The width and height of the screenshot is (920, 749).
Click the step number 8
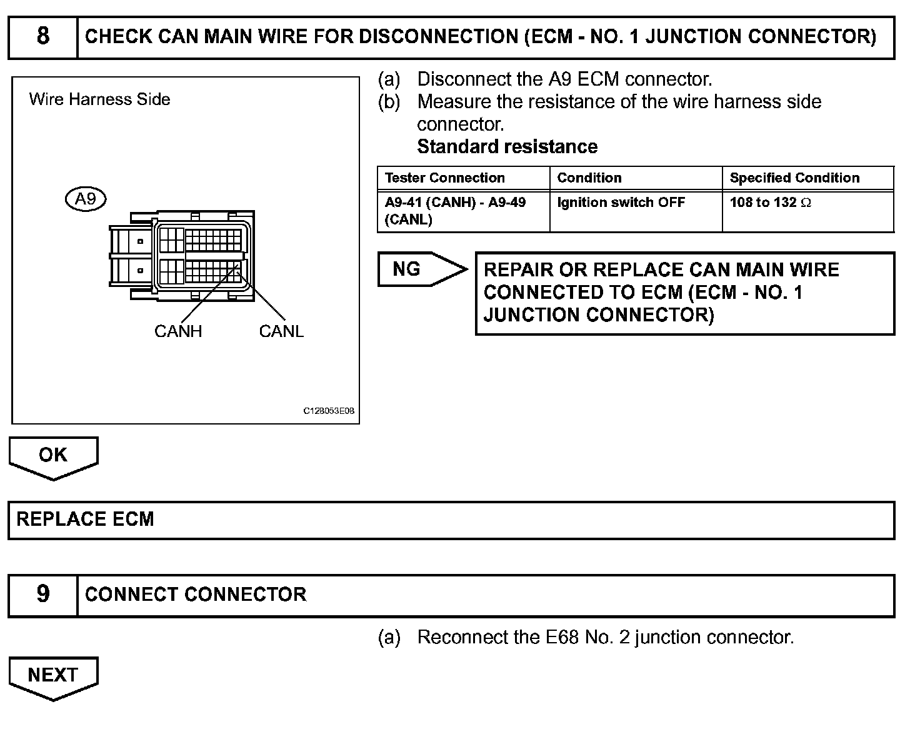pos(42,36)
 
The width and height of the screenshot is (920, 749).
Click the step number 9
pos(42,593)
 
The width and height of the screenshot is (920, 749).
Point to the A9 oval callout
pos(86,199)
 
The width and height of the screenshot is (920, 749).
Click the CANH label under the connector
pos(178,331)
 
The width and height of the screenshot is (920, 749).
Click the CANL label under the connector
pos(281,331)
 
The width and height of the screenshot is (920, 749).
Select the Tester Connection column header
pos(445,178)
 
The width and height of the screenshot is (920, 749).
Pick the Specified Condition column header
pos(794,178)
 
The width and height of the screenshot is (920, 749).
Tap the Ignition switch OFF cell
pos(621,203)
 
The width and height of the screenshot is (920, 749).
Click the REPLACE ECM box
pos(85,519)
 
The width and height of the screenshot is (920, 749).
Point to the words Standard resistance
pos(507,147)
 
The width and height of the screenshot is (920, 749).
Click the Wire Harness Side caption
pos(99,99)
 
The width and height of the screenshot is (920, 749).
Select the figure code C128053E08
pos(329,411)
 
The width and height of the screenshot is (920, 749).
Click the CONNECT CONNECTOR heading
pos(196,594)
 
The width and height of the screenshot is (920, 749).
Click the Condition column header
pos(589,178)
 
